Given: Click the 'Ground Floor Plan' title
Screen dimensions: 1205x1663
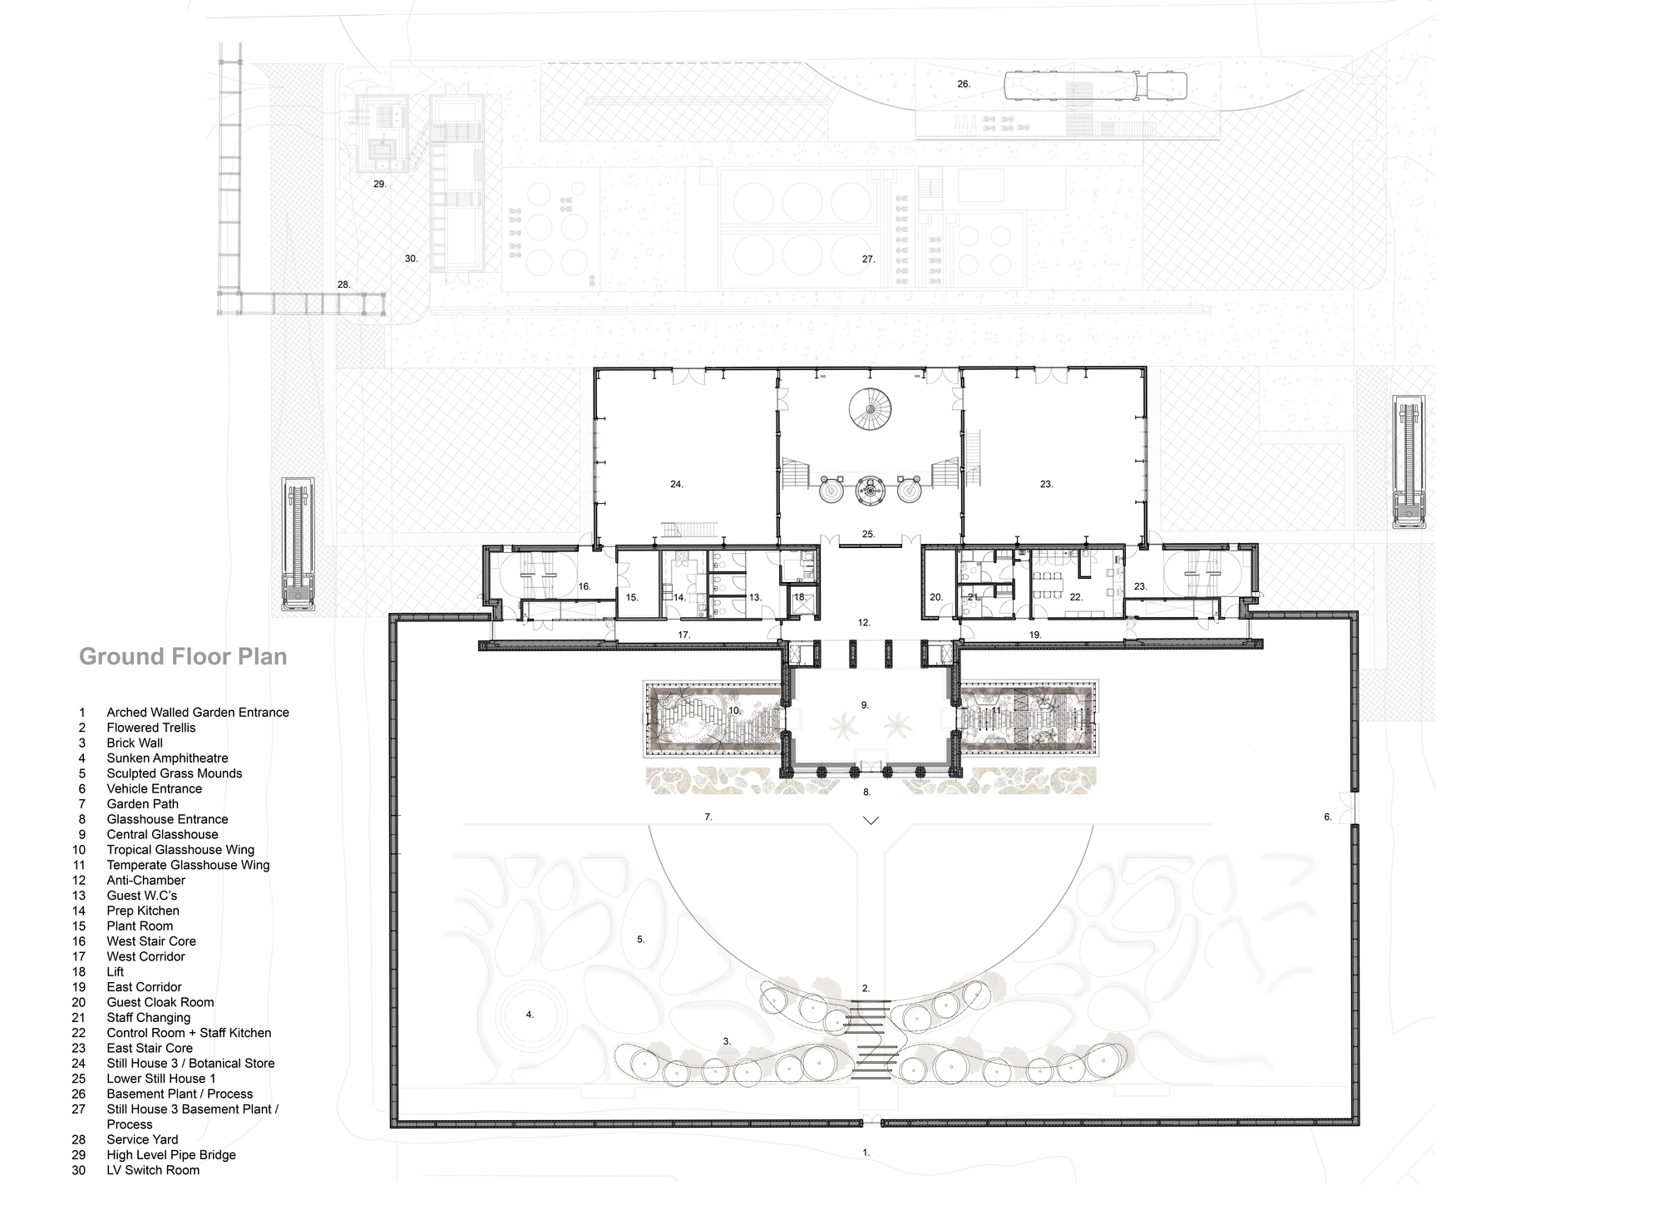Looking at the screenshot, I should tap(183, 657).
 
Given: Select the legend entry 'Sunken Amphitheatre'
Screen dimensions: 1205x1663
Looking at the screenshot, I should tap(166, 758).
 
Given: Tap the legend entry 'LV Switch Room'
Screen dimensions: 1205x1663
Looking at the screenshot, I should tap(152, 1170).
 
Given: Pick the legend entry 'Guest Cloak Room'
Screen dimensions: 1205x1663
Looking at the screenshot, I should tap(160, 1002).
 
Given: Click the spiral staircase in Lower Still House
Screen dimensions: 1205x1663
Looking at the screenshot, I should tap(870, 411).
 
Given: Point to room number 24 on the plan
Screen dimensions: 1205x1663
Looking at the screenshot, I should tap(677, 484).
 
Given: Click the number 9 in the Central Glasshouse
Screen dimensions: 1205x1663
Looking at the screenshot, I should tap(865, 705).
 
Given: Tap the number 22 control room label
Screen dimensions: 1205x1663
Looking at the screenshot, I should tap(1076, 597).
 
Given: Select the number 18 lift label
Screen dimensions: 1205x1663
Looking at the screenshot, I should tap(800, 597).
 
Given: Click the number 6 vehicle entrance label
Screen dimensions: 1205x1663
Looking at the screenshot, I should tap(1328, 817).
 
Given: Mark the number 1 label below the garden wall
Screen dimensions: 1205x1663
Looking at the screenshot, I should tap(866, 1153).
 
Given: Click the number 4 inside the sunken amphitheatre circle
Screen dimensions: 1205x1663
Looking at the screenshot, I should tap(530, 1015).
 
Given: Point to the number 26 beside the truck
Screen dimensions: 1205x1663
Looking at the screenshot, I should tap(964, 84).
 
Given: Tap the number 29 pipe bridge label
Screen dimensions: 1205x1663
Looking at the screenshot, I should tap(380, 184).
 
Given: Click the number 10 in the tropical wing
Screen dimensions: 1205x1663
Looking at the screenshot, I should tap(734, 711).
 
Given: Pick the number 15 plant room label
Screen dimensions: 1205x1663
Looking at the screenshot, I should tap(632, 597).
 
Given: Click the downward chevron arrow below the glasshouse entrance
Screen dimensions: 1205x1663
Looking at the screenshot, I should tap(871, 821).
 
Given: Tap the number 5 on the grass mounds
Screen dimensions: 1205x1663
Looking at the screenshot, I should tap(641, 940).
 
